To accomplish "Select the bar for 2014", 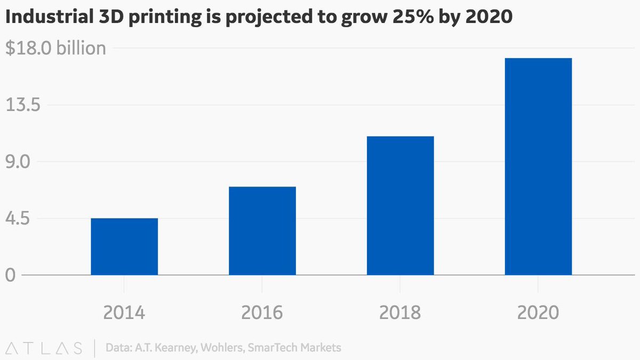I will (124, 246).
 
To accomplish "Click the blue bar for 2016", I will (262, 230).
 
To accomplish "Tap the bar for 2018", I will (400, 205).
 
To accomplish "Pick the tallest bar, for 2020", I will (538, 166).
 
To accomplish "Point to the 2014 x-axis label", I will (124, 312).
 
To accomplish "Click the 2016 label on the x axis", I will (262, 312).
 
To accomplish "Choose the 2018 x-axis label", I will (400, 312).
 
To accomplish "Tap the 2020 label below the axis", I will (538, 312).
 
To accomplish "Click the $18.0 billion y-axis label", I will (55, 49).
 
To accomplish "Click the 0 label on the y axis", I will (10, 276).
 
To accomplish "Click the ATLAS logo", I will (44, 348).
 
